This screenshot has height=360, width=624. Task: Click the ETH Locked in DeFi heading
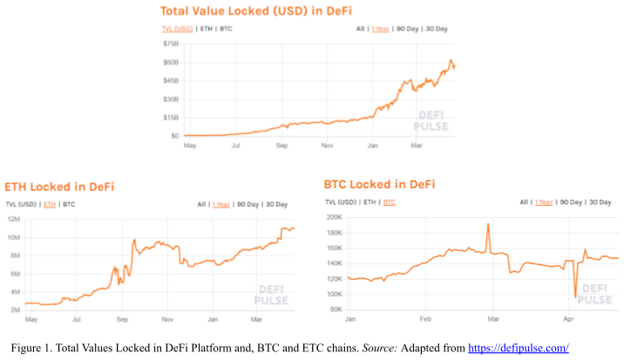point(59,187)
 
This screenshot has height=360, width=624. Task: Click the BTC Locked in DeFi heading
point(379,185)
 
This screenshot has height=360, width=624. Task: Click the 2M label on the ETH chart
point(14,310)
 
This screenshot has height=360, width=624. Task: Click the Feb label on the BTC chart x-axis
point(426,320)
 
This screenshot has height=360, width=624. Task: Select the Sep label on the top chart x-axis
point(281,146)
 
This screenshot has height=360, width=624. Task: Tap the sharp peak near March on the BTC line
point(487,225)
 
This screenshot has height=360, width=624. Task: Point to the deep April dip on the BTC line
point(575,296)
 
